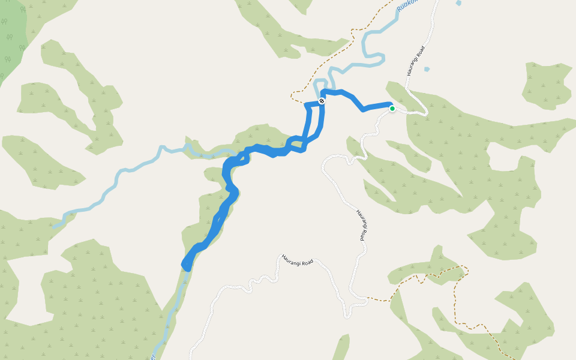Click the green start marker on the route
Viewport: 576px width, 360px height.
pyautogui.click(x=392, y=109)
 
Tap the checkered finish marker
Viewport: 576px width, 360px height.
pyautogui.click(x=322, y=101)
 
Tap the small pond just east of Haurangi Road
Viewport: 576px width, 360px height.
pyautogui.click(x=427, y=69)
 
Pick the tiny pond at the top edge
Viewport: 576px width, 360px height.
pyautogui.click(x=458, y=2)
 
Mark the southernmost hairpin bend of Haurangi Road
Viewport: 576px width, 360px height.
pyautogui.click(x=347, y=314)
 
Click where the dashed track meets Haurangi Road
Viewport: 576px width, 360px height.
pyautogui.click(x=367, y=298)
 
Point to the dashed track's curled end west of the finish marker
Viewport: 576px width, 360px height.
pyautogui.click(x=292, y=94)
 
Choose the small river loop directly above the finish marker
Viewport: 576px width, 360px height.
pyautogui.click(x=320, y=86)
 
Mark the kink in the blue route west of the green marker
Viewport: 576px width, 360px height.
pyautogui.click(x=362, y=110)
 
